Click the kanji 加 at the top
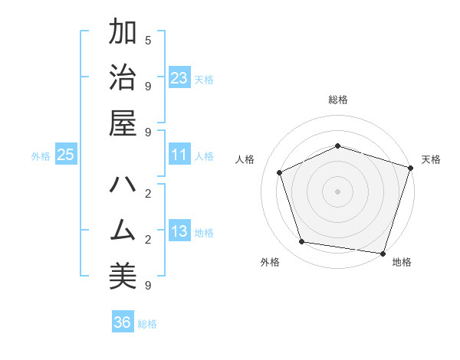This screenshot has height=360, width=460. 123,34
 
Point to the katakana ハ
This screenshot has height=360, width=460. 123,186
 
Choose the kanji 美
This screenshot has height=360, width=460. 123,273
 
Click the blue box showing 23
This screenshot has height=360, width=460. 179,77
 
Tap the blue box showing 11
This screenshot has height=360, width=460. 179,155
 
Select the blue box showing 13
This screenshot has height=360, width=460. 179,231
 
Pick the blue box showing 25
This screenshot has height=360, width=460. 66,155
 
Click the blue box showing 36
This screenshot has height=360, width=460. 123,322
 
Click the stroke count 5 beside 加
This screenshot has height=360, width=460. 148,40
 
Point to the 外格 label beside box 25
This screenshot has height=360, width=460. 41,156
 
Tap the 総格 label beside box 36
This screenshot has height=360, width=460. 147,324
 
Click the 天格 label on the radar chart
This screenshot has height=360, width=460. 431,159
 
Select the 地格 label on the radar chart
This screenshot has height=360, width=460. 402,262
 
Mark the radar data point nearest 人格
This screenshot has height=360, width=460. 280,172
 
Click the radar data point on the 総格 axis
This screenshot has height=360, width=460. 337,146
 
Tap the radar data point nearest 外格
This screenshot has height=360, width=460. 302,242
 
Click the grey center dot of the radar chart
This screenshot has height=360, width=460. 337,191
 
